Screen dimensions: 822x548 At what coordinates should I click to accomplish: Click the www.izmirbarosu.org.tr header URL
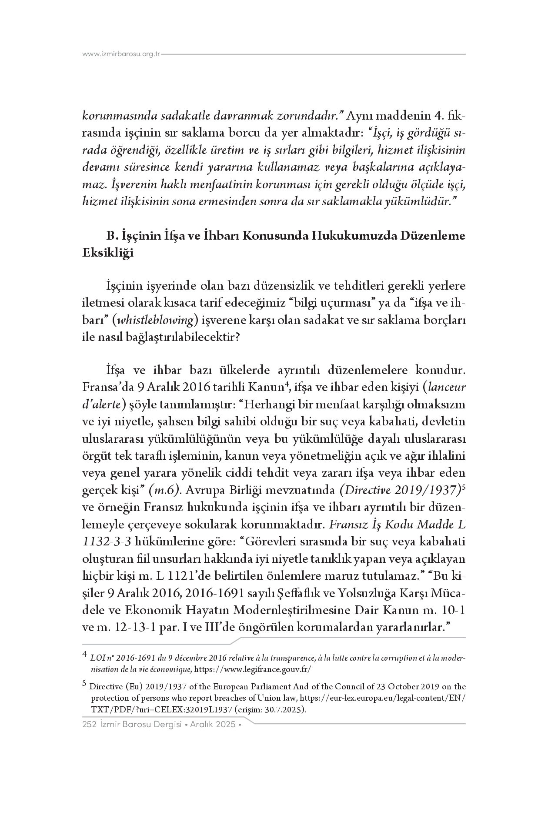point(121,54)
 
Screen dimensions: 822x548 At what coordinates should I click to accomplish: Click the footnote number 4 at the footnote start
point(85,654)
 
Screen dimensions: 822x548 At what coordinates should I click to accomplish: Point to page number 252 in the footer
point(89,725)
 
